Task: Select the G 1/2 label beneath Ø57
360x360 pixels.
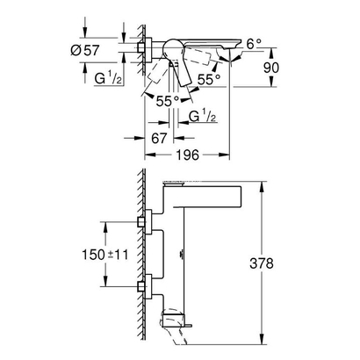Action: (110, 78)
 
